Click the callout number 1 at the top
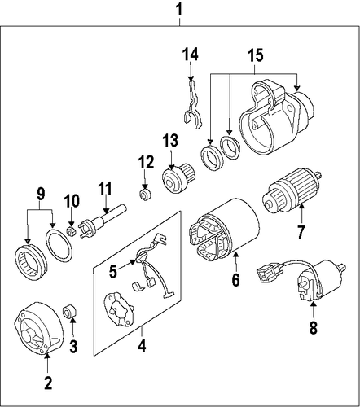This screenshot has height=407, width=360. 179,10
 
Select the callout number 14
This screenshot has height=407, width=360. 190,54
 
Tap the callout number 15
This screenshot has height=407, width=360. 255,55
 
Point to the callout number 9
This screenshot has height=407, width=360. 40,193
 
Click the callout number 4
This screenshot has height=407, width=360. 142,345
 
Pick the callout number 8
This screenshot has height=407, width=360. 314,327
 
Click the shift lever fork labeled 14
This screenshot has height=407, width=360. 192,103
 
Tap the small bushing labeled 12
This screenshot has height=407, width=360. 145,195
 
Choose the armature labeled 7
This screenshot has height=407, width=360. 292,190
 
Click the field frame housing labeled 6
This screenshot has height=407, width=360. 223,228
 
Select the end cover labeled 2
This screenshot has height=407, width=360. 38,328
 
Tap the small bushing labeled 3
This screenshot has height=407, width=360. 70,311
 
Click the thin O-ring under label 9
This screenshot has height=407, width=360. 59,245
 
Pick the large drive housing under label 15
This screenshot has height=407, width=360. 277,117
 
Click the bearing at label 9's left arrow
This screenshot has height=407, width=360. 30,262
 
